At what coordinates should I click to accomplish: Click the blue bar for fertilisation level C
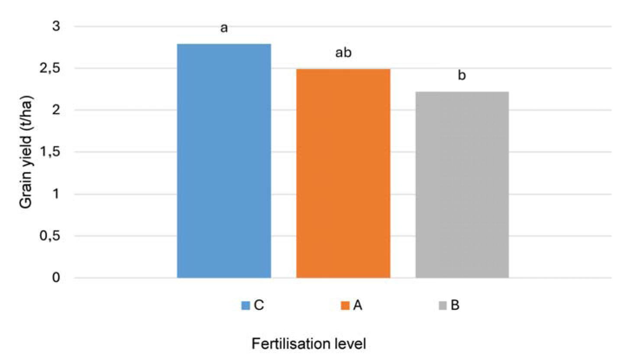click(x=224, y=160)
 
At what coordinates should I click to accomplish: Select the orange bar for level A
click(x=343, y=173)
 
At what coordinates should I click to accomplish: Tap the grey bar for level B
click(x=462, y=185)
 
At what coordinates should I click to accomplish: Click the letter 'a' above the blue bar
click(x=224, y=29)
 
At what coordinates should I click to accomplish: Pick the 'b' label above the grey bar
click(x=462, y=76)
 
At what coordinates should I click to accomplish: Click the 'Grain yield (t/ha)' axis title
click(x=27, y=152)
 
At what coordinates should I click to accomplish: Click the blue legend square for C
click(x=246, y=305)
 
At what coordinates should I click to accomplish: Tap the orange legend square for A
click(x=345, y=305)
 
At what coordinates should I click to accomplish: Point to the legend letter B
click(x=455, y=305)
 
